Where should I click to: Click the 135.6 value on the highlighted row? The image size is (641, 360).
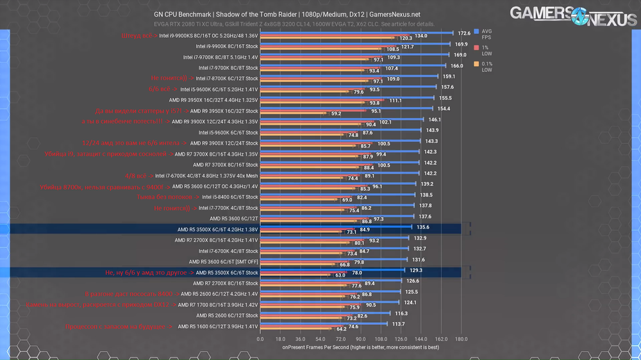coord(423,227)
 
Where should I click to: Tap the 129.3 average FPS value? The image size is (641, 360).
coord(416,270)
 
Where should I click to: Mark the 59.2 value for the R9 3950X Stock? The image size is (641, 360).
coord(336,114)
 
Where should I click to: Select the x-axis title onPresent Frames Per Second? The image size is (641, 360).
coord(361,347)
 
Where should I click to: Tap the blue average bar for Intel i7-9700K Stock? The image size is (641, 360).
coord(353,65)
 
